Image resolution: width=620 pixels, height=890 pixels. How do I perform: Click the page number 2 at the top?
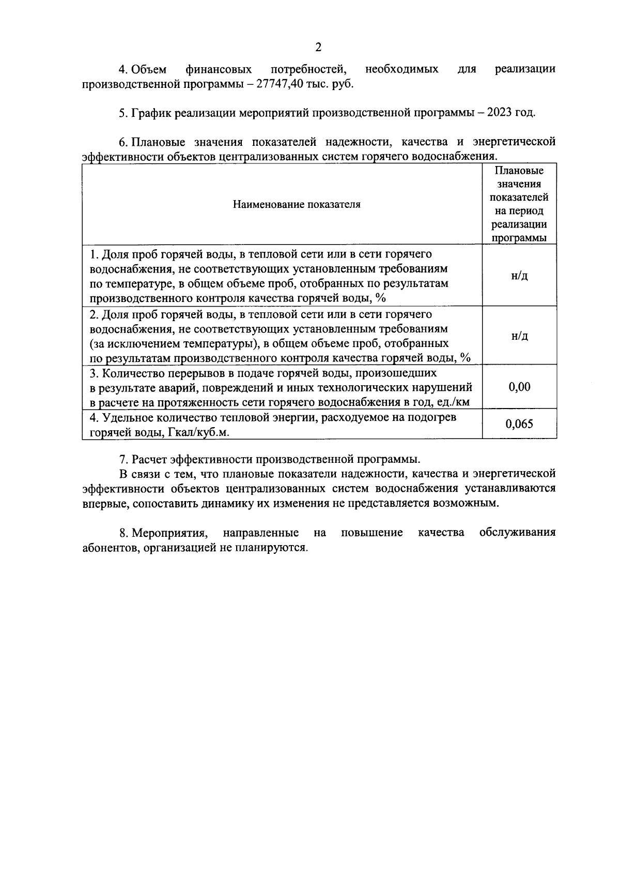coord(318,48)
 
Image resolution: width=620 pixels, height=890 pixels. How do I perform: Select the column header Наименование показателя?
coord(297,204)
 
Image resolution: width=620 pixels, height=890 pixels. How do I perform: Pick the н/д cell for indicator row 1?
coord(519,276)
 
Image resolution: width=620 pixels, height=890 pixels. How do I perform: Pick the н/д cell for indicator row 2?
coord(519,336)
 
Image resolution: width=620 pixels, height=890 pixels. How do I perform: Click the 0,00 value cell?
coord(519,387)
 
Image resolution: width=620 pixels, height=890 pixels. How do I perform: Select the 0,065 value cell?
coord(519,424)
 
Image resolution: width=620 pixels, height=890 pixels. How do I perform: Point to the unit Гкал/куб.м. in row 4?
coord(198,432)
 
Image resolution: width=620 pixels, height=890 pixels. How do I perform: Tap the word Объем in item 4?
coord(149,69)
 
